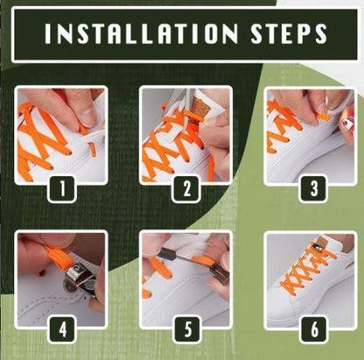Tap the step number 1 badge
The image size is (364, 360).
59,186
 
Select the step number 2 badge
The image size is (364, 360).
185,186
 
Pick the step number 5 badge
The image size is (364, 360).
185,331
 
